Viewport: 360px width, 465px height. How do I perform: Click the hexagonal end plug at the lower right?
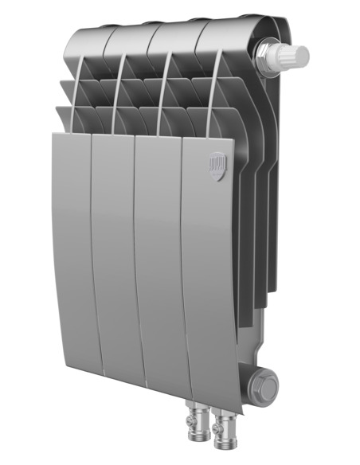268,388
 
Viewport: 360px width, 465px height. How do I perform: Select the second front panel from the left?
114,255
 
